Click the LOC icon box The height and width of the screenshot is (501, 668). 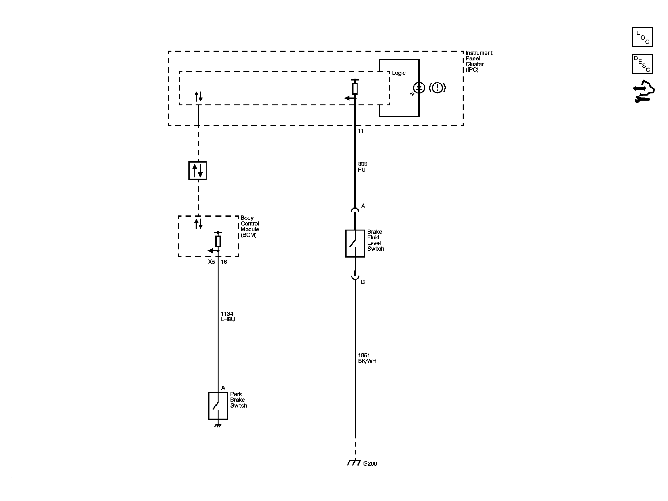coord(643,37)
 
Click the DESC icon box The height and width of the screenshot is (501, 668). coord(643,64)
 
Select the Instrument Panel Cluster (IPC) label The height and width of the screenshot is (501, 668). coord(479,61)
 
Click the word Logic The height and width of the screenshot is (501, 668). coord(399,73)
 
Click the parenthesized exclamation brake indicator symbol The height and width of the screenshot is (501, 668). coord(437,87)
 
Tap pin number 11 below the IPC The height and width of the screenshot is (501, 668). coord(361,131)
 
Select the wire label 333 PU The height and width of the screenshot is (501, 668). coord(362,167)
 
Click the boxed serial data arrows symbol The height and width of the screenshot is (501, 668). coord(198,170)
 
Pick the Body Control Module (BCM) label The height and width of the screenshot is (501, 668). coord(250,226)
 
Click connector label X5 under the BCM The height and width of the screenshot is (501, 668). coord(211,262)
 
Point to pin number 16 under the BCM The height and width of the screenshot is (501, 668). coord(224,262)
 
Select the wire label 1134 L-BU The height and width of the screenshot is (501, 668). coord(228,316)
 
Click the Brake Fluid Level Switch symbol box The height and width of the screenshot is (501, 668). coord(355,243)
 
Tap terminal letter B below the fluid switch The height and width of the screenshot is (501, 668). coord(363,282)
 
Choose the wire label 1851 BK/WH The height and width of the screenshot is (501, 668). coord(367,358)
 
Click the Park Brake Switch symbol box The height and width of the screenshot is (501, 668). coord(218,406)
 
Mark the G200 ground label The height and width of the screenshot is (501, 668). coord(370,464)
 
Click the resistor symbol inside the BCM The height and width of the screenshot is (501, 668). coord(218,241)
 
